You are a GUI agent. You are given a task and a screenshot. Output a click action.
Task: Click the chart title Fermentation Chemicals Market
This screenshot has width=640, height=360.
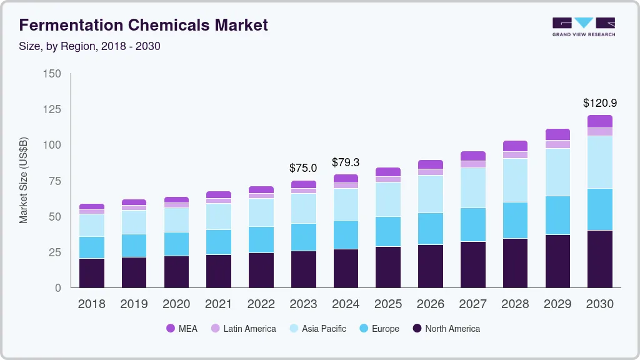point(144,25)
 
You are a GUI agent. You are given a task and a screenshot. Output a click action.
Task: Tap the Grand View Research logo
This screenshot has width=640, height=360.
point(583,26)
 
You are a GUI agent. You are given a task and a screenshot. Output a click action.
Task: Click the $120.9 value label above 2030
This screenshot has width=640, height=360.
point(599,103)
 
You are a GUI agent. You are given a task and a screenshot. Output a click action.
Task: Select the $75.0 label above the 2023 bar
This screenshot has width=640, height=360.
point(303,168)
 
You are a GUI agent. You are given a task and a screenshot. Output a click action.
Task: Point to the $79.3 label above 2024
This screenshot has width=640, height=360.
point(346,162)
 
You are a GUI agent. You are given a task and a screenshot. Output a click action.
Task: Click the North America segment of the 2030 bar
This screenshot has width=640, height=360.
point(599,259)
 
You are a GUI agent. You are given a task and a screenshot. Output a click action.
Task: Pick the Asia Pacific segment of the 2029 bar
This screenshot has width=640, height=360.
point(557,172)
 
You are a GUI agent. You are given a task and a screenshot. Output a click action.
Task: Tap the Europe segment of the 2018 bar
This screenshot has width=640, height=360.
point(91,247)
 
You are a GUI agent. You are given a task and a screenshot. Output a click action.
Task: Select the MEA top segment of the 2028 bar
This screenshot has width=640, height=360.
point(515,146)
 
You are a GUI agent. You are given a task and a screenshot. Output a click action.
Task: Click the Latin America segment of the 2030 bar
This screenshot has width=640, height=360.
point(599,131)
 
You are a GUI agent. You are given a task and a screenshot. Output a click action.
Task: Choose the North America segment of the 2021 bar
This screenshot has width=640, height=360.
point(219,271)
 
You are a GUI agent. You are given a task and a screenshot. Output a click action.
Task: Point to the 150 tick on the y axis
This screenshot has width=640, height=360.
point(52,74)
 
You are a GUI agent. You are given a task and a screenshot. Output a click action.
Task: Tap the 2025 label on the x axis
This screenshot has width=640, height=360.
point(388,304)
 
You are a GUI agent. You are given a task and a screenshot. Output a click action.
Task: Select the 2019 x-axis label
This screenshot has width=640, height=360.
point(134,304)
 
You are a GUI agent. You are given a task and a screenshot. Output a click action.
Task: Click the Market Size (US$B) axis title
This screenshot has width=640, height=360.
point(24,180)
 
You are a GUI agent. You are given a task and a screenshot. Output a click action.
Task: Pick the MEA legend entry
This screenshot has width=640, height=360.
point(182,329)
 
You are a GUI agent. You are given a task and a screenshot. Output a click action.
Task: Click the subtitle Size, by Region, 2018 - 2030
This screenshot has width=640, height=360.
point(90,46)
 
